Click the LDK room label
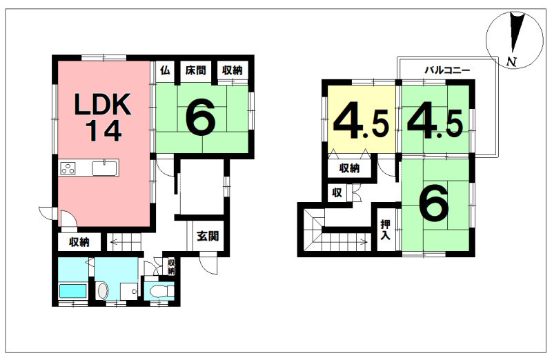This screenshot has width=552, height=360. click(103, 104)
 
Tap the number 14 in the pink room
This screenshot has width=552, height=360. click(103, 130)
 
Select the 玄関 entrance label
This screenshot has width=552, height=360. click(208, 236)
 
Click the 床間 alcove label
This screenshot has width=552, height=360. click(195, 70)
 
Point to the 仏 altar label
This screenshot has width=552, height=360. click(165, 70)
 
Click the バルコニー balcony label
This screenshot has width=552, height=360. click(446, 70)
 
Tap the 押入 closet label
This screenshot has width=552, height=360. click(385, 230)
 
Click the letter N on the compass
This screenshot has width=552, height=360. click(511, 62)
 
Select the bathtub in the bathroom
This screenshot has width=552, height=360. click(72, 291)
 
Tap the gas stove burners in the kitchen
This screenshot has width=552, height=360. click(68, 168)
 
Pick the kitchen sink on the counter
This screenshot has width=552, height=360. click(104, 168)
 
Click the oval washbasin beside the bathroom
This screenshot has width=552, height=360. click(102, 291)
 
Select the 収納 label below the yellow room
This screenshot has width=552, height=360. click(349, 168)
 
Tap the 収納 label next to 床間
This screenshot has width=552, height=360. click(233, 70)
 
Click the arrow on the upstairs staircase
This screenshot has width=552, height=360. click(346, 242)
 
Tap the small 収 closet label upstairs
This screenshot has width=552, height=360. click(337, 192)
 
